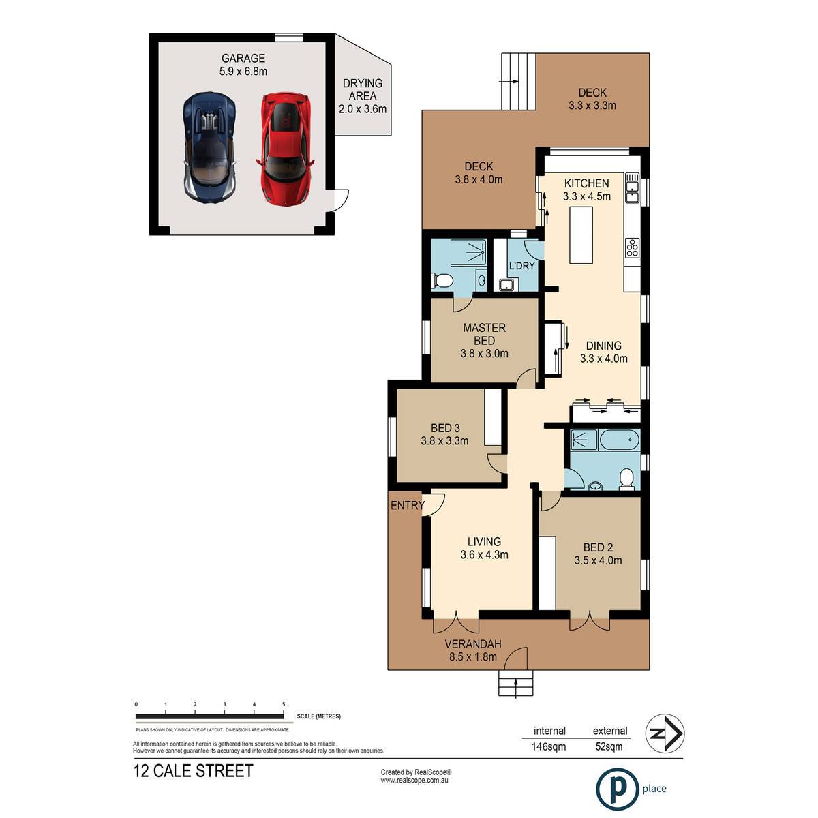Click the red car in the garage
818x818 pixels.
pos(285,148)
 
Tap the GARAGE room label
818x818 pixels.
pos(243,58)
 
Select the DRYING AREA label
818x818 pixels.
pos(363,89)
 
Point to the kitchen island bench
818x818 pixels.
pos(580,234)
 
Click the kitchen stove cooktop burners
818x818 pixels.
pos(632,247)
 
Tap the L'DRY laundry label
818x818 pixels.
pos(521,266)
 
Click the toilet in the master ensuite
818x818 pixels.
pos(442,280)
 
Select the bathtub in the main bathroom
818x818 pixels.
pos(619,440)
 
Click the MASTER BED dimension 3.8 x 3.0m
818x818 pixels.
pos(485,353)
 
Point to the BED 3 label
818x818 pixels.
pos(445,428)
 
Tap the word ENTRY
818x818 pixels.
pos(408,505)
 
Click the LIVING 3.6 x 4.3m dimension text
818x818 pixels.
pos(485,554)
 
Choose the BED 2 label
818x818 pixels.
pos(598,547)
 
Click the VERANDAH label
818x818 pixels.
pos(473,644)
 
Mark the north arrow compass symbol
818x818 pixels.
pos(665,733)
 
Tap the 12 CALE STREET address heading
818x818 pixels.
pos(193,771)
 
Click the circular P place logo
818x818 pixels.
pos(617,789)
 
